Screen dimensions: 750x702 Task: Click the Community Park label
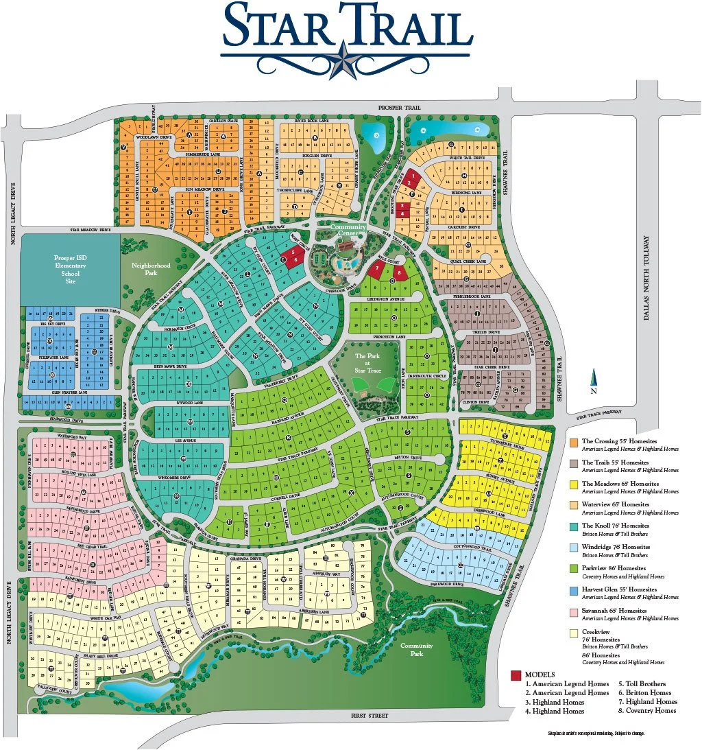417,649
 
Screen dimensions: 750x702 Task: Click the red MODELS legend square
515,675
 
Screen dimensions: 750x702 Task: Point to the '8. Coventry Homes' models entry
647,710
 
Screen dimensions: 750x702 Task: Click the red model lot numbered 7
376,267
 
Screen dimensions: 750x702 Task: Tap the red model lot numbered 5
293,253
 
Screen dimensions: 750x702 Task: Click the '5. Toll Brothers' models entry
642,684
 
